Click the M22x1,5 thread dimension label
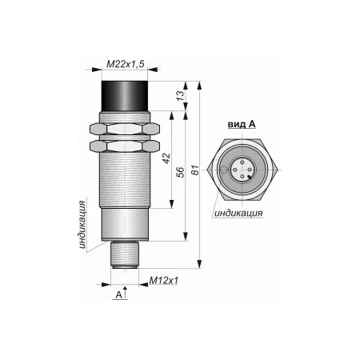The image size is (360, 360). (x=125, y=64)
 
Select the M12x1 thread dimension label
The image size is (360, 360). (x=164, y=280)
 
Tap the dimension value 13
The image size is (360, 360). (x=181, y=96)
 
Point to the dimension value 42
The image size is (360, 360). (x=166, y=158)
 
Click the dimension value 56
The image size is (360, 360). (x=181, y=172)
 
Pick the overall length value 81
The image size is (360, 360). (x=195, y=170)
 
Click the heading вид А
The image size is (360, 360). (x=242, y=124)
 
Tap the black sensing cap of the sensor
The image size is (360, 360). (x=125, y=96)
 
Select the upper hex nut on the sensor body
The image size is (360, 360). (x=125, y=129)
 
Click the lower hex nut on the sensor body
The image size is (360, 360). (x=125, y=146)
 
